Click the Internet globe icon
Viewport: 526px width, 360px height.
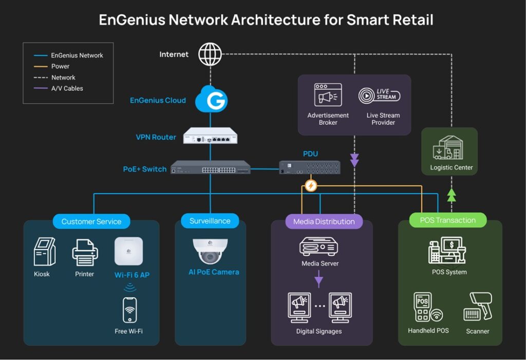(x=210, y=54)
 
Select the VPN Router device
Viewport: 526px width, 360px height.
(x=211, y=136)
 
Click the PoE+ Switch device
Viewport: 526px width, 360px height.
(x=211, y=167)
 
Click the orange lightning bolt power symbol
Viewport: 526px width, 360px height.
(x=310, y=185)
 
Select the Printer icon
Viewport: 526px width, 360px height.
(x=85, y=251)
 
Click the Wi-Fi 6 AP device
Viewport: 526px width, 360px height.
(x=128, y=251)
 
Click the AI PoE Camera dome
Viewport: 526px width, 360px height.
(x=210, y=250)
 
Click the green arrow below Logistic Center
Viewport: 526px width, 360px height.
(x=452, y=194)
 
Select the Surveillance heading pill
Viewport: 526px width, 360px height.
(x=210, y=221)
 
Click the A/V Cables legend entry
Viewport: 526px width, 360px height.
(x=67, y=88)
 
